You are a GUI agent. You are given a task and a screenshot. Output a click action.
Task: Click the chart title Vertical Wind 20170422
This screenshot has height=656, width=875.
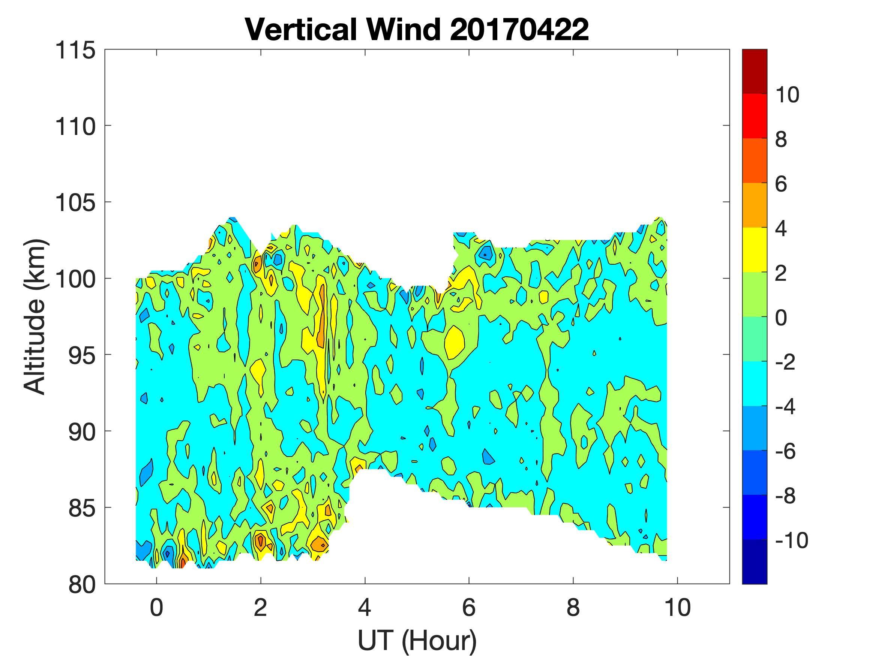point(417,30)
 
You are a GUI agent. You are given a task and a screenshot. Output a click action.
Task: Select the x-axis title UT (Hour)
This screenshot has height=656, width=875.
point(417,640)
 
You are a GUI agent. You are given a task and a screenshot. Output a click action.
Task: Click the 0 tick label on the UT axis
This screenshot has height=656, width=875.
point(157,607)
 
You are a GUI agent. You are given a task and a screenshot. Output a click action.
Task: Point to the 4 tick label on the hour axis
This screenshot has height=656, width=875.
point(365,607)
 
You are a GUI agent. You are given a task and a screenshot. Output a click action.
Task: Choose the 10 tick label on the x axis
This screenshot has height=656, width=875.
point(678,607)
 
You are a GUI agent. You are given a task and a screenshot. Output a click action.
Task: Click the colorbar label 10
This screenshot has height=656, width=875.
point(787,95)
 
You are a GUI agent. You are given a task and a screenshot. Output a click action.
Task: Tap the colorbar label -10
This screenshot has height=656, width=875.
point(791,540)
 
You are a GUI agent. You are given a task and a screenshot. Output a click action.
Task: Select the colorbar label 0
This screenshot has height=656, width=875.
point(781,318)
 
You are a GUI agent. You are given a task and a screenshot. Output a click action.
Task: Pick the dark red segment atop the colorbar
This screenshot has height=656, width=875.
point(754,71)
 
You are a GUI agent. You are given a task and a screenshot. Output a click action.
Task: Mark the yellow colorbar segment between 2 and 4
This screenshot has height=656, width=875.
point(754,250)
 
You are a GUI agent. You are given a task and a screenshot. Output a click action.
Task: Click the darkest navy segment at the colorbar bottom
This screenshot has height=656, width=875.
point(754,562)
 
